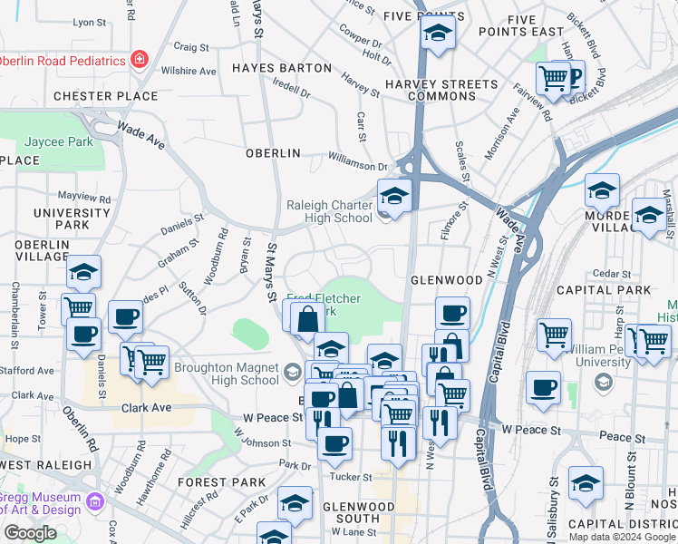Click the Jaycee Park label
tap(58, 142)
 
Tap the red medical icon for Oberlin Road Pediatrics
tap(139, 61)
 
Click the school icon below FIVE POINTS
tap(438, 34)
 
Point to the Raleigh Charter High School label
tap(329, 211)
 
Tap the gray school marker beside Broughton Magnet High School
tap(292, 371)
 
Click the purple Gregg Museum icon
tap(93, 500)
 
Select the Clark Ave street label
tap(146, 408)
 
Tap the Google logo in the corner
tap(30, 533)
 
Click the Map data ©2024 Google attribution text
tap(622, 537)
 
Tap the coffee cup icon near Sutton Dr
tap(125, 317)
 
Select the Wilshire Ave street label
tap(188, 71)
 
